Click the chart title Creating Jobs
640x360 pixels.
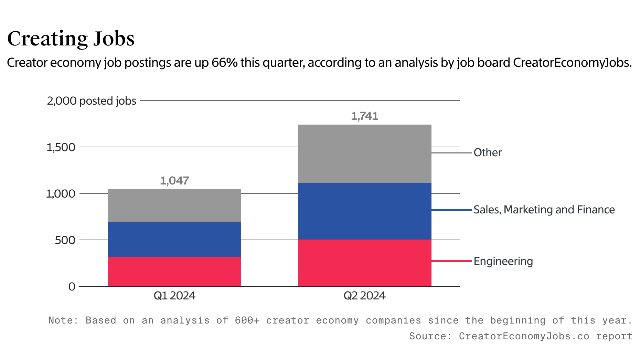[71, 39]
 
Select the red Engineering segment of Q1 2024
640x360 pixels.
[174, 271]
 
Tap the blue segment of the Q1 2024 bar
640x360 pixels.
[174, 239]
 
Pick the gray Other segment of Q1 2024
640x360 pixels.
[174, 205]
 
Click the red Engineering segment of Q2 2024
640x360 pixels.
[365, 263]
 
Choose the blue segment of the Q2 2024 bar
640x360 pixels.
[365, 211]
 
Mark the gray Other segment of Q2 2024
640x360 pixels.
[365, 154]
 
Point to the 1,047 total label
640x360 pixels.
[174, 181]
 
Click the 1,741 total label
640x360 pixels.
[365, 116]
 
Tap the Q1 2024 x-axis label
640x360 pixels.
[174, 296]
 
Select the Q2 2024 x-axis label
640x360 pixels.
[365, 296]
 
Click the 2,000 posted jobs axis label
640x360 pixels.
[92, 101]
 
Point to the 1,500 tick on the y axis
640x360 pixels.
[61, 147]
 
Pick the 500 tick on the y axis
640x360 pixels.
[65, 240]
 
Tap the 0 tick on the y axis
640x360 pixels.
[72, 286]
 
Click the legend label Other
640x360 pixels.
[488, 152]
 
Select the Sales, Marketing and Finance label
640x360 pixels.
[544, 210]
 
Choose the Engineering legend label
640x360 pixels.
[503, 261]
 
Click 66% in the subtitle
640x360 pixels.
[224, 63]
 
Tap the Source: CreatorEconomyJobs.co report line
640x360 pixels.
[521, 336]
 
